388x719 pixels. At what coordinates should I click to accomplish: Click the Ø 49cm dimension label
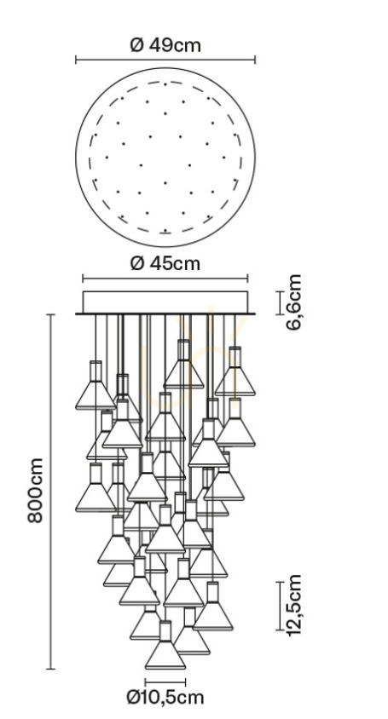pos(165,45)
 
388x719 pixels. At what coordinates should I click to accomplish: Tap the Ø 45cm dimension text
pos(165,264)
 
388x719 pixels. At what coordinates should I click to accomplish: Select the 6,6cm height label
pos(293,302)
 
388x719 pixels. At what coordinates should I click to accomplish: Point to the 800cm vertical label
pos(35,490)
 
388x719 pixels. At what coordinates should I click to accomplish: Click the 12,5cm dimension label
pos(293,606)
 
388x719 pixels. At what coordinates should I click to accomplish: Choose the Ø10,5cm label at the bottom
pos(165,698)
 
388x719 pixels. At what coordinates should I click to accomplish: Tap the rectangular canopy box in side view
pos(165,302)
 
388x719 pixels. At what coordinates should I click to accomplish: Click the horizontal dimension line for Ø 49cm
pos(165,60)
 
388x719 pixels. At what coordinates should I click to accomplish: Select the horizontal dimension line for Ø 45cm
pos(165,278)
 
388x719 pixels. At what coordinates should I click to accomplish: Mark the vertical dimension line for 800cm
pos(50,492)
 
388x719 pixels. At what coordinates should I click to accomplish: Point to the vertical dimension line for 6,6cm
pos(280,302)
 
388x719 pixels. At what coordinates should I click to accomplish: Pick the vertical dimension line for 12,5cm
pos(280,606)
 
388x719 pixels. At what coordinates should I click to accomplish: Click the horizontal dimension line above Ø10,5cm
pos(165,682)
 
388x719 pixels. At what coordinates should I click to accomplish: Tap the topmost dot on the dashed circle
pos(165,84)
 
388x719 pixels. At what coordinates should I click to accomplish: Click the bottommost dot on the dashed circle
pos(165,231)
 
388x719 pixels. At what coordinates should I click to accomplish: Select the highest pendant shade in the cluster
pos(183,365)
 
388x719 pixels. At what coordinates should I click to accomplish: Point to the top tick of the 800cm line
pos(50,314)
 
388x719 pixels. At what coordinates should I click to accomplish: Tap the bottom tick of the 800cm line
pos(50,669)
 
